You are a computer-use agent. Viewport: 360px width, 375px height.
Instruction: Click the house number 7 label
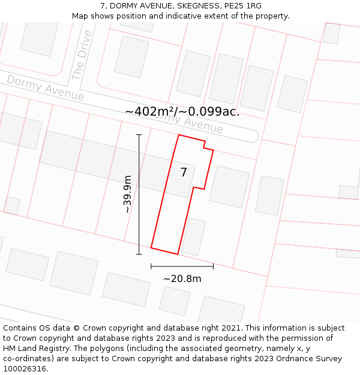click(184, 173)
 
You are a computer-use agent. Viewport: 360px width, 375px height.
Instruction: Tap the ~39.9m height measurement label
click(127, 194)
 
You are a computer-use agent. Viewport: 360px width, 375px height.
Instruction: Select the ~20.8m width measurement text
click(182, 278)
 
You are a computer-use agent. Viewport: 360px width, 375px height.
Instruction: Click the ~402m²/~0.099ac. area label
click(182, 112)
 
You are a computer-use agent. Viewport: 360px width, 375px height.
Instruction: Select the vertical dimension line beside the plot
click(139, 194)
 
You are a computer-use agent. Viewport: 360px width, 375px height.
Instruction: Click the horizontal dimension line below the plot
click(182, 265)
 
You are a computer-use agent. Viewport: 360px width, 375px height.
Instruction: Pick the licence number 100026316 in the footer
click(25, 369)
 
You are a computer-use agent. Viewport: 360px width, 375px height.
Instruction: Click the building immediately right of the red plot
click(229, 187)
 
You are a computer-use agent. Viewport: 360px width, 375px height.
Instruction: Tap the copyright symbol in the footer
click(76, 328)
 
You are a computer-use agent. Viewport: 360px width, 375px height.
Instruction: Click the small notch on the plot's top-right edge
click(208, 146)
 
